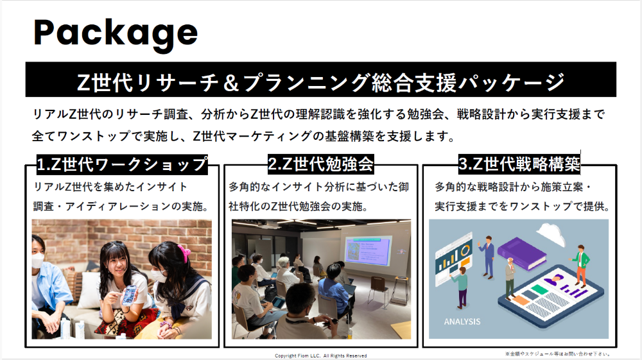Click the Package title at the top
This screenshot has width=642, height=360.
coord(116,33)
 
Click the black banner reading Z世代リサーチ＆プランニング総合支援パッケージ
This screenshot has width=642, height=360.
coord(320,80)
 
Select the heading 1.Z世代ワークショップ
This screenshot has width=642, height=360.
coord(122,164)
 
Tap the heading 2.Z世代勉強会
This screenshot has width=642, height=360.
coord(320,164)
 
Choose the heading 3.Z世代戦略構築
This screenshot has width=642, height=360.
coord(519,164)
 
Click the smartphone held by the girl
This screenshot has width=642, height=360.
coord(130,295)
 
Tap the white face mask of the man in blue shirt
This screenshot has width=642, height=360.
coord(38,260)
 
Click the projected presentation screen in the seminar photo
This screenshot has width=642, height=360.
coord(367,250)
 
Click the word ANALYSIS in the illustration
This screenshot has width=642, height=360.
coord(462,321)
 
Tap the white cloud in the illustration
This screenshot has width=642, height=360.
coord(551,234)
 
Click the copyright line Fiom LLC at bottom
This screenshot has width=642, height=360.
coord(320,356)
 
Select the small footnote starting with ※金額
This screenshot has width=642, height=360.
coord(558,354)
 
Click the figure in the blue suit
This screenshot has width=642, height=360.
coord(488,257)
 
